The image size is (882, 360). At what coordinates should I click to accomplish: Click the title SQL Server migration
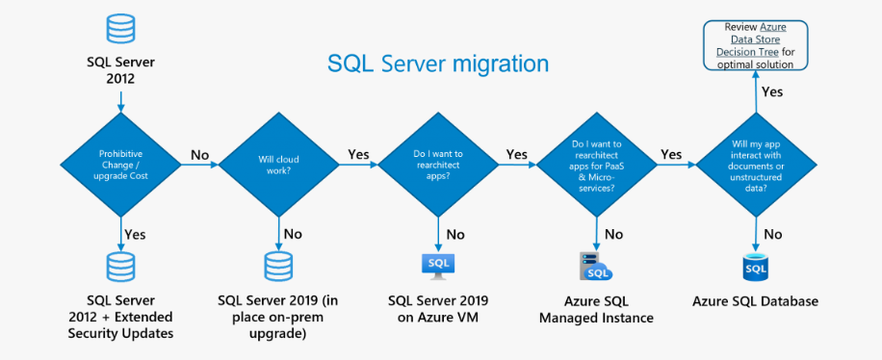pos(437,63)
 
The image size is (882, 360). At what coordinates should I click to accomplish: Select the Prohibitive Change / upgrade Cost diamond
pos(121,165)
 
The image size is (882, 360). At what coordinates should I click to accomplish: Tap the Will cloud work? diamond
pos(279,165)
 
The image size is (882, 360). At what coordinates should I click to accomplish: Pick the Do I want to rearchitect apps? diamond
pos(438,165)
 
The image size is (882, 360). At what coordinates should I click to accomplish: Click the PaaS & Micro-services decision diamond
pos(596,165)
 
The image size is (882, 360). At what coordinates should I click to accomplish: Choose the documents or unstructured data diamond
pos(756,165)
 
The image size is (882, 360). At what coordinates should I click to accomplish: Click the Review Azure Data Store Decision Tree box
pos(756,45)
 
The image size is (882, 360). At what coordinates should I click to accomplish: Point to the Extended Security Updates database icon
pos(121,267)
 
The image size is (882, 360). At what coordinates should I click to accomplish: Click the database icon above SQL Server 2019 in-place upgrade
pos(279,267)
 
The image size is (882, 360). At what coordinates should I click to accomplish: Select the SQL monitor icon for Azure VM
pos(438,267)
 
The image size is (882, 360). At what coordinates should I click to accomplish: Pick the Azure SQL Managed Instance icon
pos(596,267)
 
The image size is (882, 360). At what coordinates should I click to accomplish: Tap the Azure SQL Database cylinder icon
pos(756,268)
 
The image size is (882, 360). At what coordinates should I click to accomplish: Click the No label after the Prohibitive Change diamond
pos(199,155)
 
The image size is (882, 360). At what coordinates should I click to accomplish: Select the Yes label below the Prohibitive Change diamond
pos(135,234)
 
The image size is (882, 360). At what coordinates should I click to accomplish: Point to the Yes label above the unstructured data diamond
pos(772,91)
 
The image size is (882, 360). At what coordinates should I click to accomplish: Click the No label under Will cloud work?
pos(293,234)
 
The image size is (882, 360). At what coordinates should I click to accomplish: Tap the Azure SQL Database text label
pos(755,301)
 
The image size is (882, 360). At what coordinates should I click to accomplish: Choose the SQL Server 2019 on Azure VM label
pos(438,308)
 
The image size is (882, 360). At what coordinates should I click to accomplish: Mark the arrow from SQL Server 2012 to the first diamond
pos(121,99)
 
